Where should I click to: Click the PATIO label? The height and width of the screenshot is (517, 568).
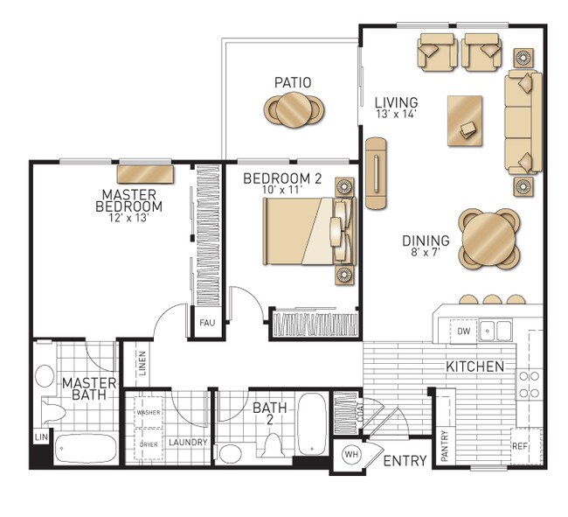(x=293, y=82)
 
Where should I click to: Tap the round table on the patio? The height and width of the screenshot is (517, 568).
(x=294, y=109)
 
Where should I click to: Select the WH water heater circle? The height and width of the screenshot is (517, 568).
(x=350, y=454)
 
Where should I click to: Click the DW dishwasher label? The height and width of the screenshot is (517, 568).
(x=463, y=331)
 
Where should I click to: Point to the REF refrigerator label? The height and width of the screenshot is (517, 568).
(x=519, y=446)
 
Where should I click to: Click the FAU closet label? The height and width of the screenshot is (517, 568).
(x=207, y=323)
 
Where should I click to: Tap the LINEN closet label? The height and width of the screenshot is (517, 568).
(x=142, y=363)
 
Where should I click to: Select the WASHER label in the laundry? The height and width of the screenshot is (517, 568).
(x=149, y=412)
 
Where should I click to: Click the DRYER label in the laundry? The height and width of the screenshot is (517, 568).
(x=149, y=444)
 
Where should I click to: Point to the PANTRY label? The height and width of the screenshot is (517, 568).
(x=445, y=445)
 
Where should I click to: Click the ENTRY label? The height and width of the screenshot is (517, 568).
(x=405, y=461)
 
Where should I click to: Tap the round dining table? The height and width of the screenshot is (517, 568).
(x=489, y=239)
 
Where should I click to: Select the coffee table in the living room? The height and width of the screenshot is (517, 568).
(x=465, y=121)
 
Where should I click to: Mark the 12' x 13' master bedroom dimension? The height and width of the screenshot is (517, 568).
(x=129, y=218)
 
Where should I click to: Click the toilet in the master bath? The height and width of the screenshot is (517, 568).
(x=53, y=412)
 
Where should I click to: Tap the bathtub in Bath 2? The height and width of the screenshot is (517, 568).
(x=312, y=424)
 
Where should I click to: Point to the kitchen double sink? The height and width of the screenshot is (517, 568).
(x=495, y=331)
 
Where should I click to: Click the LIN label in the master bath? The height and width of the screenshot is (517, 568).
(x=41, y=437)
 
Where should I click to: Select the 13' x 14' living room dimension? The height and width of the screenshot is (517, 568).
(x=395, y=115)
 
